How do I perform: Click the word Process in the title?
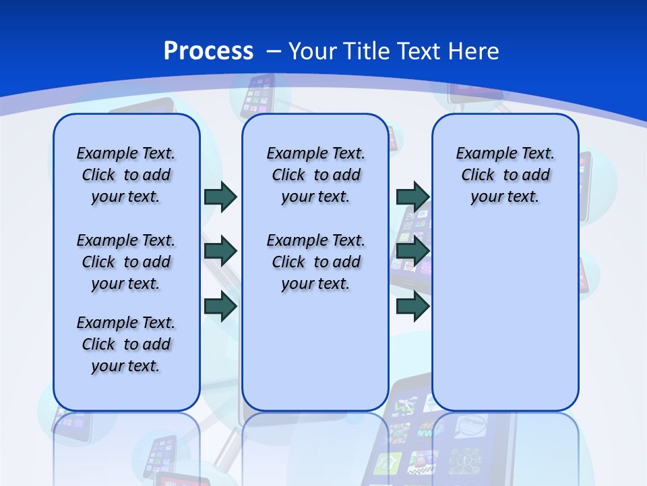coord(208,51)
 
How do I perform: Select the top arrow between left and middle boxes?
coord(220,196)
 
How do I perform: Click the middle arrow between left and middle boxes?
coord(220,251)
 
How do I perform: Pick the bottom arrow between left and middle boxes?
coord(220,306)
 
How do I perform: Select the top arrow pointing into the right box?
coord(412,196)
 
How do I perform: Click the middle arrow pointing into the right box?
coord(412,251)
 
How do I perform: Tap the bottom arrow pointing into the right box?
coord(412,306)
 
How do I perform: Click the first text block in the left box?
coord(126,175)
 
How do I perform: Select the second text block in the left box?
coord(126,262)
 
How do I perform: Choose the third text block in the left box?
coord(126,344)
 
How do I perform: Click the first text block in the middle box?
coord(315,175)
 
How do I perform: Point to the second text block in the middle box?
coord(315,262)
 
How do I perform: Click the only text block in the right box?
coord(505,175)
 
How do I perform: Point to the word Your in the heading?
coord(313,51)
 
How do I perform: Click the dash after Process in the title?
coord(274,51)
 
